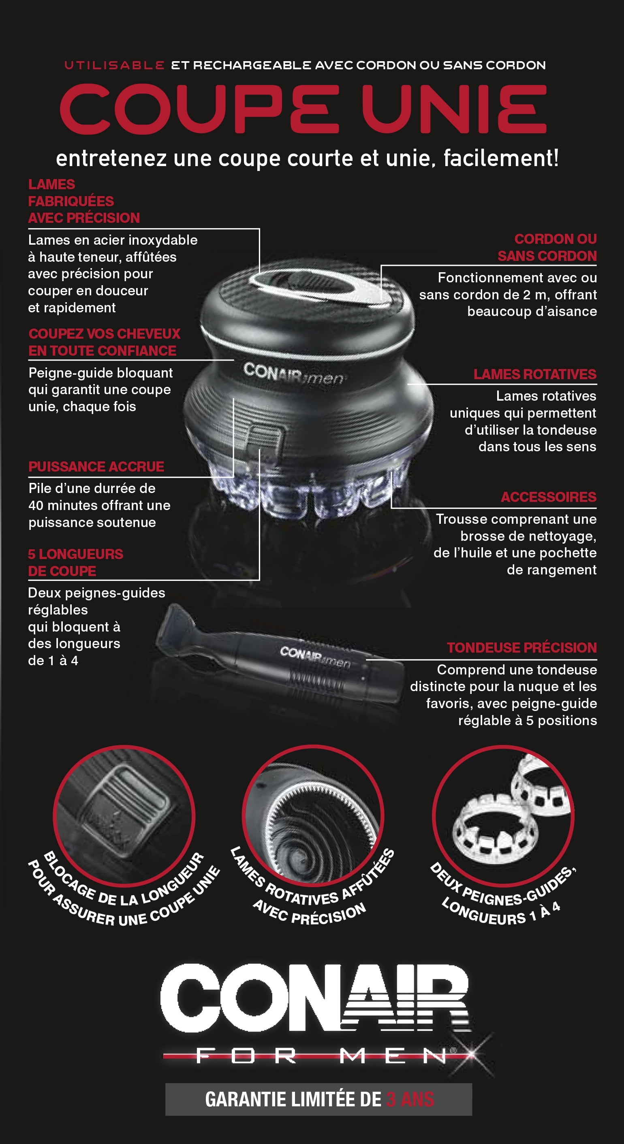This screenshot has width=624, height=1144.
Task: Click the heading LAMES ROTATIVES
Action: (x=535, y=374)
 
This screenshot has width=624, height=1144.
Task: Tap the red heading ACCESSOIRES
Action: (x=549, y=497)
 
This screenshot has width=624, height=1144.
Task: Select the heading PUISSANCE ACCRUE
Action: (x=96, y=467)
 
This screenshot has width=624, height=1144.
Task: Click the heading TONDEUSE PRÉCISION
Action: (x=522, y=647)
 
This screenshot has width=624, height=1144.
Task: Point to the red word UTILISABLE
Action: (x=115, y=65)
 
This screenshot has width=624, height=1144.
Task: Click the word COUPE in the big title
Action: (x=200, y=109)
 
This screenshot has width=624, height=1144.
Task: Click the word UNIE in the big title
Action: (x=454, y=109)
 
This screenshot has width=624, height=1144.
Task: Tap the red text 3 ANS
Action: (x=410, y=1099)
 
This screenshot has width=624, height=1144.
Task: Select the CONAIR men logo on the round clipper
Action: (x=293, y=373)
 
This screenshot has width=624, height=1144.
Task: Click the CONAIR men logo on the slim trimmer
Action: (x=315, y=657)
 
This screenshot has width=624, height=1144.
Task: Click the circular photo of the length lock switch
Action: (x=124, y=816)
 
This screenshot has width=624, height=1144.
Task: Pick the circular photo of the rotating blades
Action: (x=313, y=816)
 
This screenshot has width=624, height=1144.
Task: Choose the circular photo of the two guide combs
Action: (x=503, y=816)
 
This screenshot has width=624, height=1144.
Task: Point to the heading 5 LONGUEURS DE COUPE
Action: (x=75, y=563)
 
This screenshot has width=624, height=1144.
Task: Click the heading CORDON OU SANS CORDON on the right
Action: (x=547, y=248)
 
